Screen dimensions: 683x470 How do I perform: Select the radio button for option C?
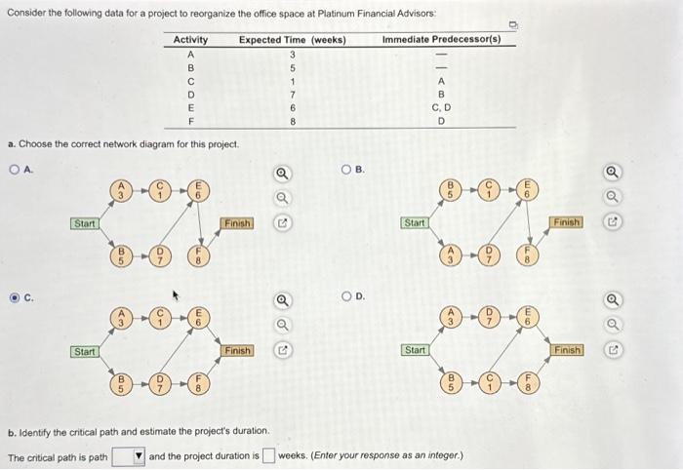(x=14, y=298)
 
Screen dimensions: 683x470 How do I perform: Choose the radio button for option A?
(x=14, y=169)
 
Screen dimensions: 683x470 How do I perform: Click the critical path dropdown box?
(x=129, y=455)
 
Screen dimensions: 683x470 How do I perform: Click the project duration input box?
(x=268, y=455)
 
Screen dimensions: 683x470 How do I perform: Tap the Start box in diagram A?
(x=85, y=223)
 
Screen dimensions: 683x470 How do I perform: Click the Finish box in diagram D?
(x=568, y=349)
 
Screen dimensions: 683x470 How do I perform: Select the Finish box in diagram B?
(x=567, y=222)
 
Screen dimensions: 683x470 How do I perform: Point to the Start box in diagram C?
(x=85, y=350)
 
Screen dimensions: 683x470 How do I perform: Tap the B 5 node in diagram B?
(x=453, y=187)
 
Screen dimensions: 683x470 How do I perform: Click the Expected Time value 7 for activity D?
(x=292, y=95)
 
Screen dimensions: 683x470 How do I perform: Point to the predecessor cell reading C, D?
(x=441, y=108)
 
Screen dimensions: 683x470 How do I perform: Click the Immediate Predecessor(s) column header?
(x=441, y=39)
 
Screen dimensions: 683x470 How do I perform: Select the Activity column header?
(x=190, y=39)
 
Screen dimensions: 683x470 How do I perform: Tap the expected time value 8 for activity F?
(x=292, y=122)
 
